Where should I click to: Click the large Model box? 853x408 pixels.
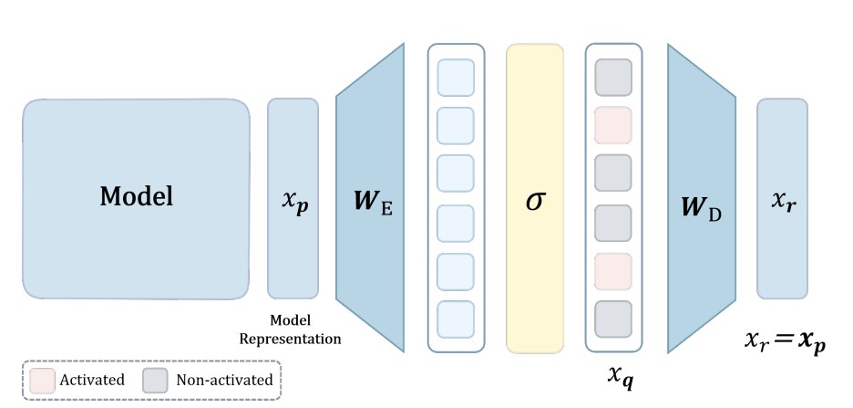coord(136,198)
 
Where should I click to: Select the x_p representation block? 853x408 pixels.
coord(293,198)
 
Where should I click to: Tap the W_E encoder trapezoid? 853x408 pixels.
coord(369,198)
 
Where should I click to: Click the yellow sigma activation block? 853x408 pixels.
coord(536,198)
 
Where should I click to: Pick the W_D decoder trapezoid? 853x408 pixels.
coord(702,198)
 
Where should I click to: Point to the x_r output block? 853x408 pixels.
coord(782,198)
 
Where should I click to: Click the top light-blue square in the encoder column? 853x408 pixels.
coord(456,77)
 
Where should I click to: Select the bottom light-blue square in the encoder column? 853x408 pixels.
coord(456,319)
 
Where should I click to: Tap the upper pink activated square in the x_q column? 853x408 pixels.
coord(612,125)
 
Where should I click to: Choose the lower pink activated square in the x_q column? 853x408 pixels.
coord(612,270)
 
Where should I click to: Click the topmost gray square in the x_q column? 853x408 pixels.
coord(612,77)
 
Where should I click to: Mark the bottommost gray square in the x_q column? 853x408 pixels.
coord(612,319)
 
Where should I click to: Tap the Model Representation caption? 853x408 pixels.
coord(290,330)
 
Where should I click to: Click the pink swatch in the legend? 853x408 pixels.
coord(41,379)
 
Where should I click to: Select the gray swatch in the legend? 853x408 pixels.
coord(154,379)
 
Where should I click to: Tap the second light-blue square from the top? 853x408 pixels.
coord(456,125)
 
